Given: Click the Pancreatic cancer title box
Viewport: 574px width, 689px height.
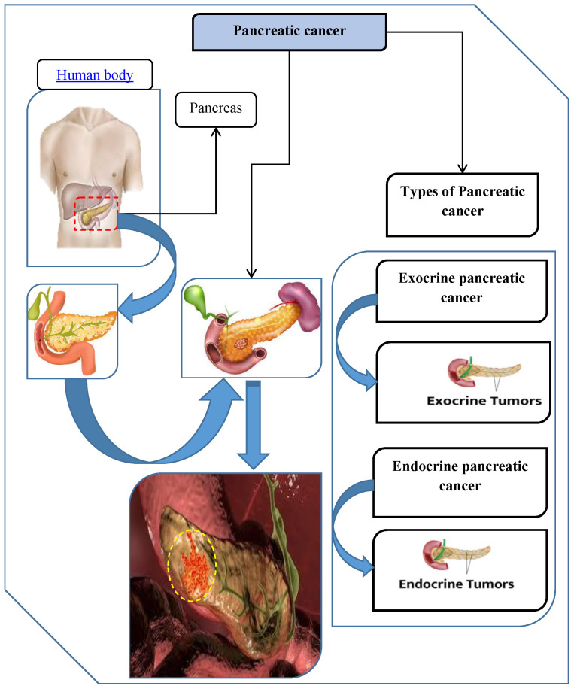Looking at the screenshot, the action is (289, 32).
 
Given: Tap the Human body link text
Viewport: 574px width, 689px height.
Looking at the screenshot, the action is (95, 75).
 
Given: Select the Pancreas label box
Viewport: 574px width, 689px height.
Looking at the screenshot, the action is (216, 109).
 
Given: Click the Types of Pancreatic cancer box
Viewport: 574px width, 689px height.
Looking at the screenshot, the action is (463, 205).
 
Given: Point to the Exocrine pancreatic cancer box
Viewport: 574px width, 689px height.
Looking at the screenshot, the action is (461, 291).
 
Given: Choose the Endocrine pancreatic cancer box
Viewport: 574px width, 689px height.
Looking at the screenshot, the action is (460, 482).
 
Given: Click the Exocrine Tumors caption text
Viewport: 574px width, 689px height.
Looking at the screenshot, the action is (484, 401).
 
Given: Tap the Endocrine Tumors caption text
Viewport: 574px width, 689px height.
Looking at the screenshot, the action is (456, 584).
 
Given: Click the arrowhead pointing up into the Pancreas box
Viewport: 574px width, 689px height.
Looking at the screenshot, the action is (216, 132).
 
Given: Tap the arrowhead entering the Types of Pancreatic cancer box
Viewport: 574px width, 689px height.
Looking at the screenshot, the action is (463, 168).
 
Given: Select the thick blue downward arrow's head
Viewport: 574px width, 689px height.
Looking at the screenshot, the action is (254, 460).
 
